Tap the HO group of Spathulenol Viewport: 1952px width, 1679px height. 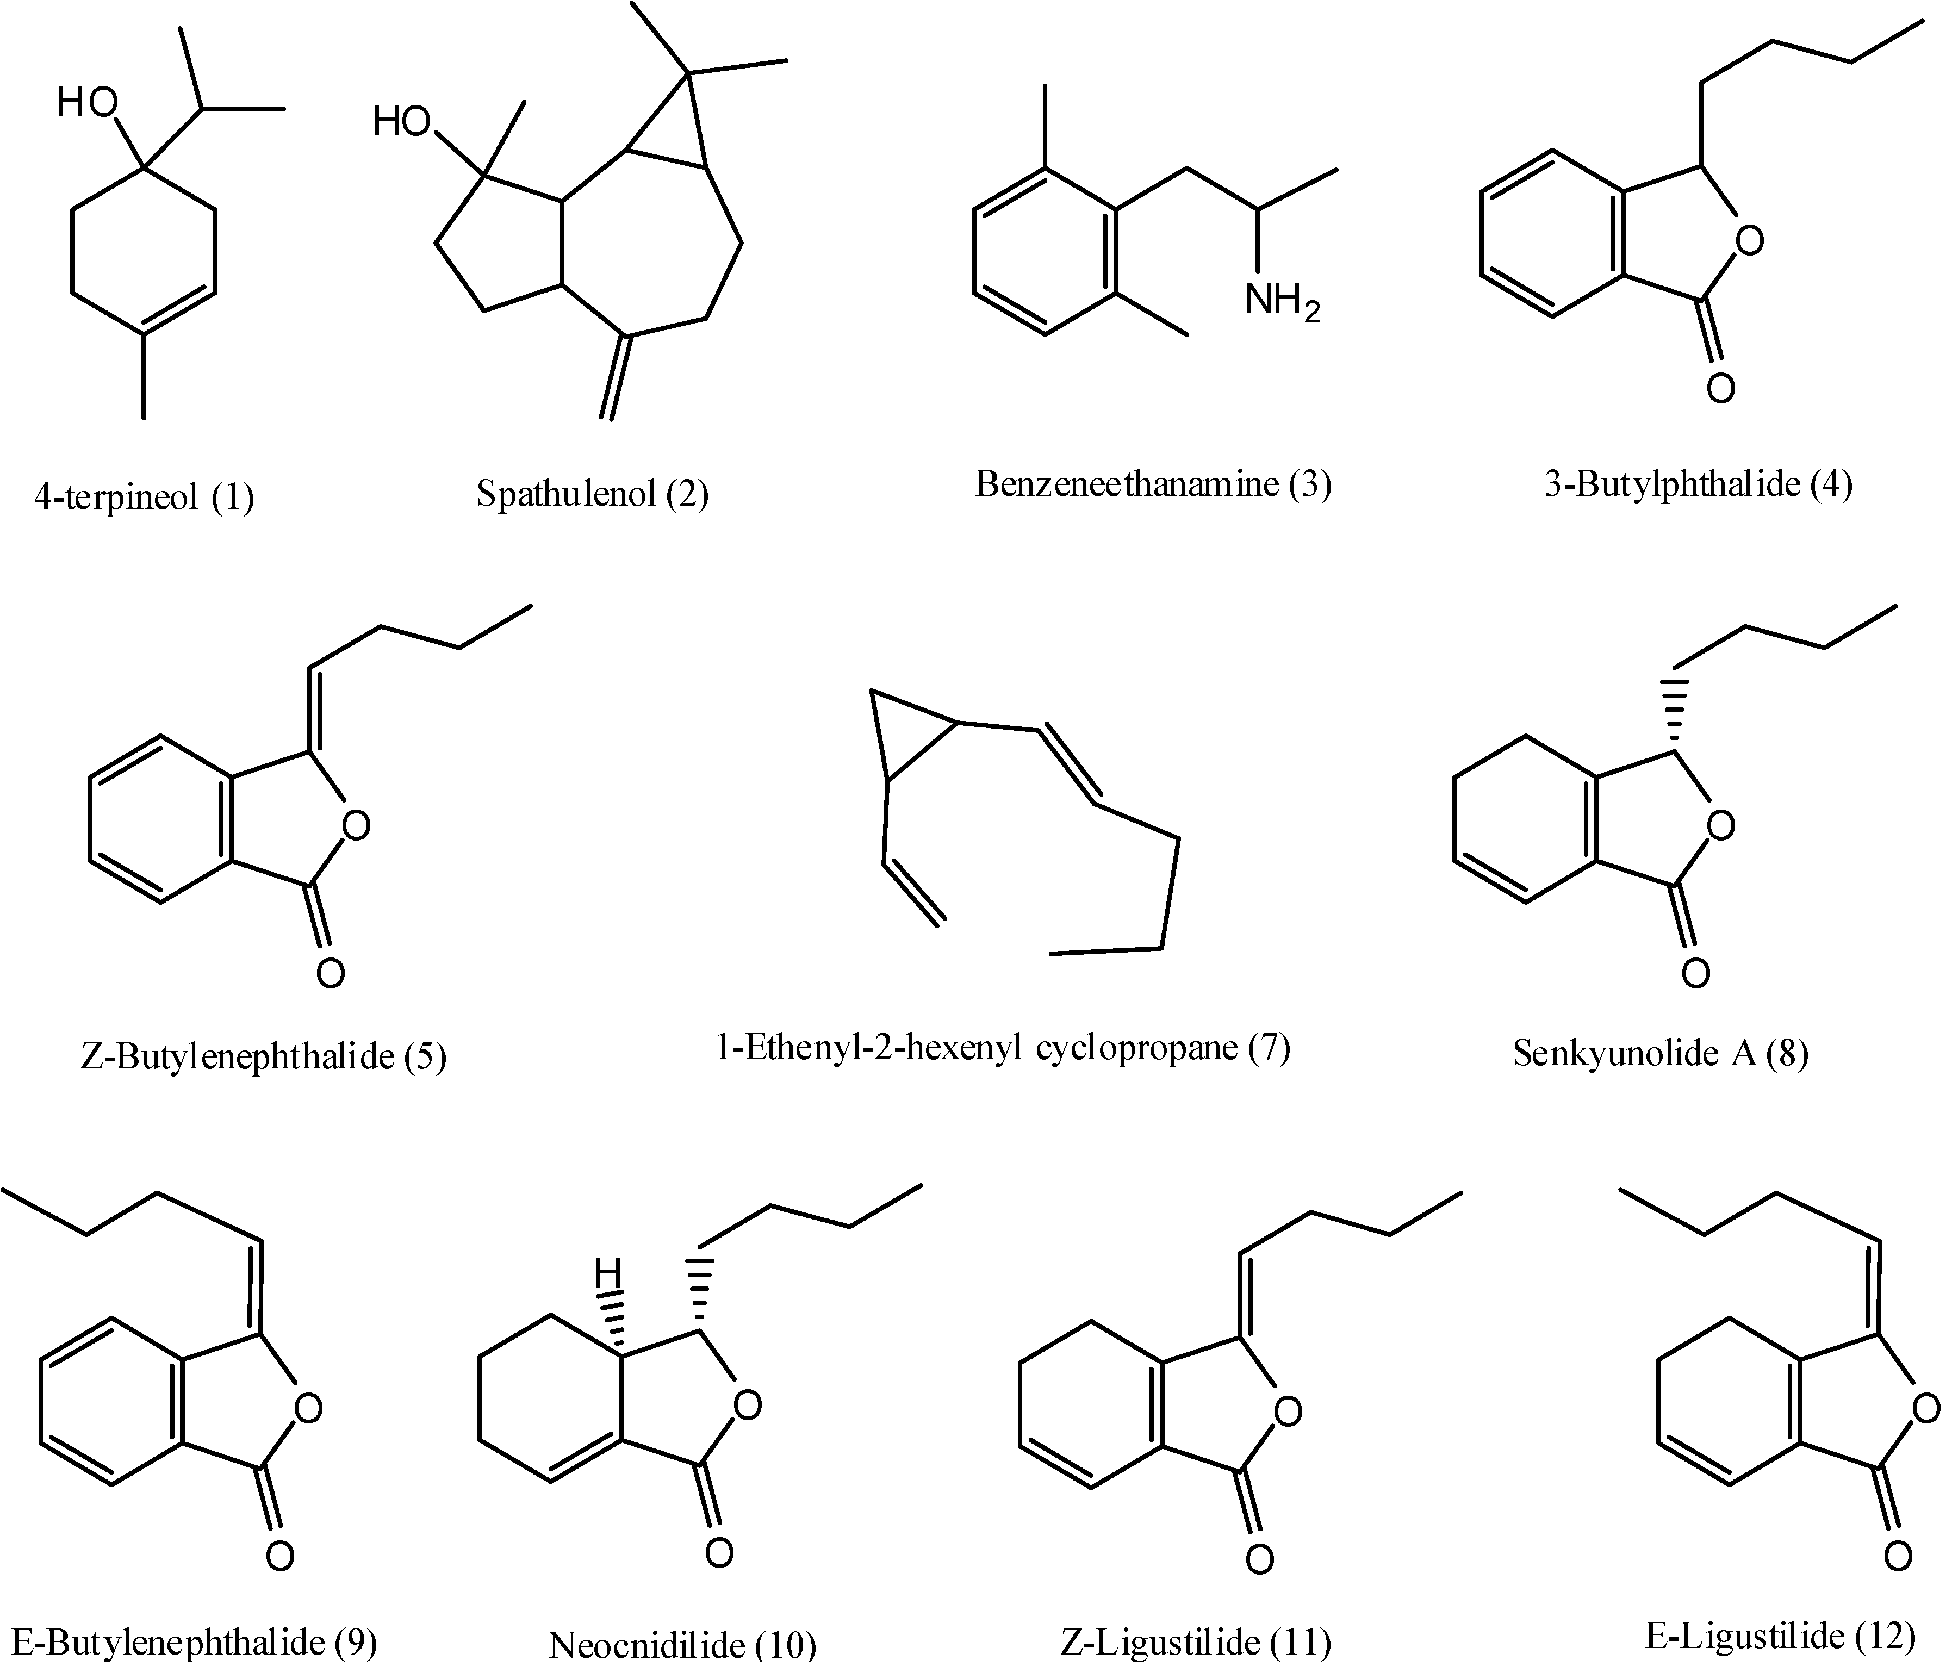pyautogui.click(x=402, y=122)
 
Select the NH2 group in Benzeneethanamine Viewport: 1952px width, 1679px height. pyautogui.click(x=1281, y=302)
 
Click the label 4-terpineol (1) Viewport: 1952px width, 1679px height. pyautogui.click(x=144, y=496)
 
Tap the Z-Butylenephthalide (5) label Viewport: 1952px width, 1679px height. pyautogui.click(x=264, y=1056)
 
